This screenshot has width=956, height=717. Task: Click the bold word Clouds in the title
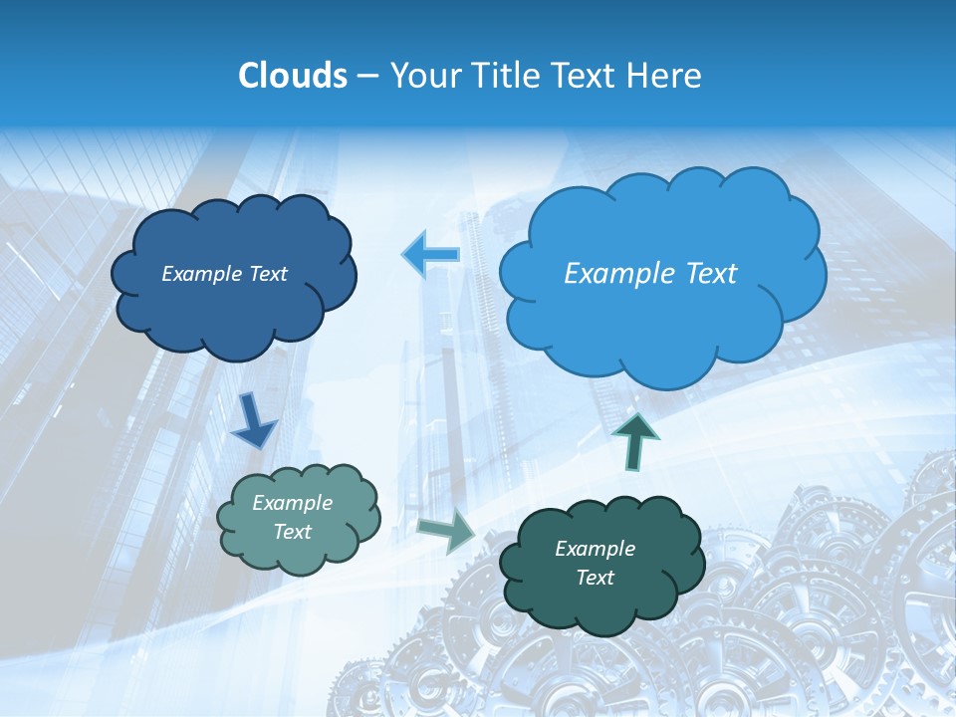[292, 76]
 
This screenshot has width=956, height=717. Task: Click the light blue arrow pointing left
[431, 254]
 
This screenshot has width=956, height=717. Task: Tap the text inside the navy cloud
[224, 274]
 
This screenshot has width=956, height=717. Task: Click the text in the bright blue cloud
[650, 274]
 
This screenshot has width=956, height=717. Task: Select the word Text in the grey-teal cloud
[293, 532]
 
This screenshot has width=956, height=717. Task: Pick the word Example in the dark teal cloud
[595, 549]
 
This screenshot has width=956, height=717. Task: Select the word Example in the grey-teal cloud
[293, 503]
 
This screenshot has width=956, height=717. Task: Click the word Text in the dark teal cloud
[595, 578]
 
